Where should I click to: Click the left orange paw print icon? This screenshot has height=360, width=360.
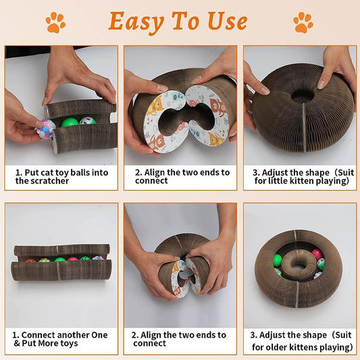55,22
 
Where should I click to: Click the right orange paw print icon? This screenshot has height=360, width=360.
303,22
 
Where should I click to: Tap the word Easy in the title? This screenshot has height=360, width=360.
136,22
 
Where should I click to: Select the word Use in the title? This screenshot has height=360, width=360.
228,22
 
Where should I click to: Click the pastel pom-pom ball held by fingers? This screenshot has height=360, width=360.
46,129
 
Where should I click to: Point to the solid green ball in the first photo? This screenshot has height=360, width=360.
70,122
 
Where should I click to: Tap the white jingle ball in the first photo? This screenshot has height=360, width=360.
87,120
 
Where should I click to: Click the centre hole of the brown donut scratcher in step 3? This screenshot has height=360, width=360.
303,97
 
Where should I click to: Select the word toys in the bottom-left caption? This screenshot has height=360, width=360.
70,344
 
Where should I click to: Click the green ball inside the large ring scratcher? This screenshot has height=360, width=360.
278,260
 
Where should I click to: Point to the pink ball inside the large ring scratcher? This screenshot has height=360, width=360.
317,254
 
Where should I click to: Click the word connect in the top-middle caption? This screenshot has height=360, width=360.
151,181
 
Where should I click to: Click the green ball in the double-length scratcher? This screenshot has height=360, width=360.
60,259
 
